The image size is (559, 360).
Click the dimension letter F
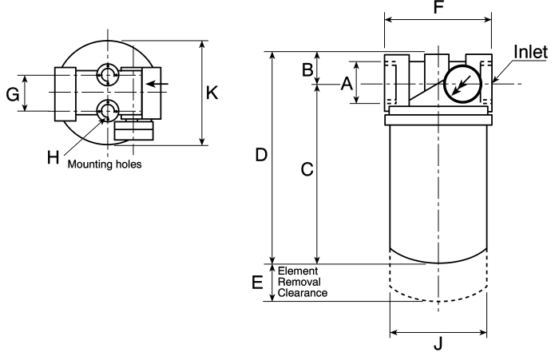point(438,7)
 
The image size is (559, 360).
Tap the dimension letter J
point(438,344)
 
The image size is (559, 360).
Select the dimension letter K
point(212,93)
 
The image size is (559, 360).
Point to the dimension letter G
point(13,95)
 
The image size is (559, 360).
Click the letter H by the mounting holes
point(54,157)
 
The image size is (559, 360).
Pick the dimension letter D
point(261,156)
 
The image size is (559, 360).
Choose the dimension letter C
point(307,169)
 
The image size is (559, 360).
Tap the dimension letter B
point(307,70)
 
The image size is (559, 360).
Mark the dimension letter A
point(347,84)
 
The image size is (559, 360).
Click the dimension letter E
point(257,283)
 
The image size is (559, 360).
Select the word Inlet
point(530,52)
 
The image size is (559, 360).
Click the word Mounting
point(89,164)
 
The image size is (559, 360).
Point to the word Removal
point(299,282)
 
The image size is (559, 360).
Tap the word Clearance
point(303,293)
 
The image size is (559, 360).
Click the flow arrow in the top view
point(157,84)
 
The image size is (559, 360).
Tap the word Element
point(298,271)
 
